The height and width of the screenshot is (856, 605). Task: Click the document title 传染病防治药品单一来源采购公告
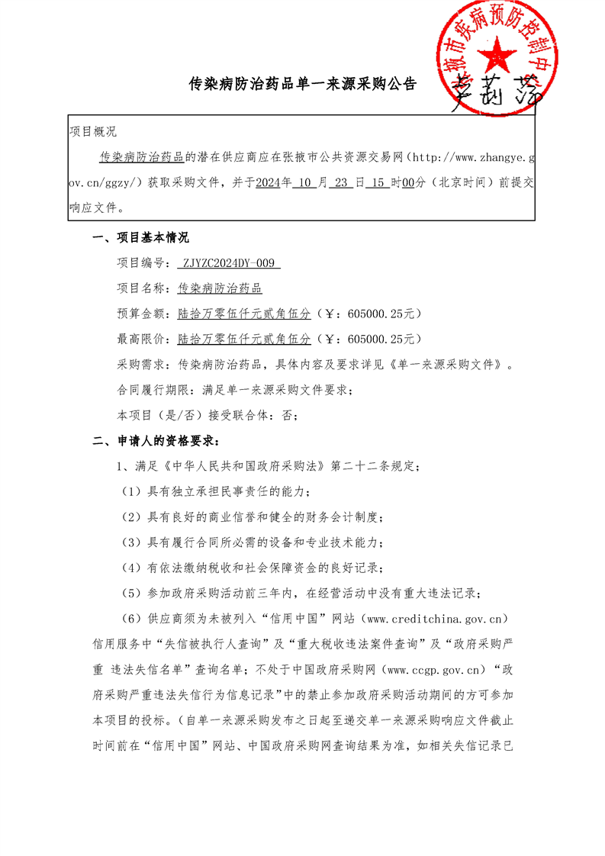pos(303,84)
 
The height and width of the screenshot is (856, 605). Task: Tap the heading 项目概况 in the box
pos(93,132)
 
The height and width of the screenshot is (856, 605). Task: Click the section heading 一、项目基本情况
pos(140,238)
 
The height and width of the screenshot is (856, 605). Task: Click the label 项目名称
pos(140,288)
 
